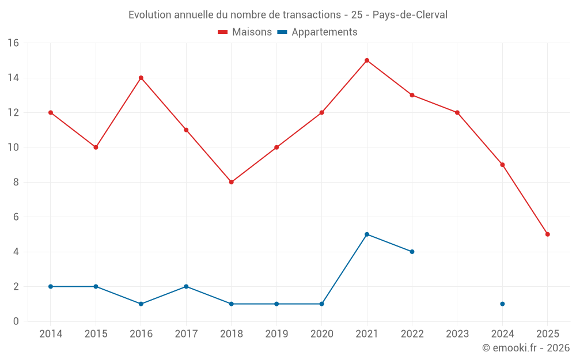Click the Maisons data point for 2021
click(x=367, y=60)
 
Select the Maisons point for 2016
click(x=141, y=78)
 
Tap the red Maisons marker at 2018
click(x=232, y=182)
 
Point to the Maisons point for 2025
click(x=548, y=234)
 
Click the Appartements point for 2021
click(x=367, y=234)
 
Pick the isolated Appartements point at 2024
click(x=502, y=304)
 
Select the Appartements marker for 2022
click(x=412, y=252)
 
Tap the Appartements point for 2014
click(x=51, y=286)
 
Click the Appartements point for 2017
click(x=186, y=286)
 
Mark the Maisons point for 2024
click(x=502, y=165)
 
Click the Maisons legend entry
click(x=245, y=32)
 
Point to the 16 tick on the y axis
click(x=13, y=43)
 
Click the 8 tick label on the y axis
click(x=16, y=182)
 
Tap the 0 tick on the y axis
click(x=16, y=321)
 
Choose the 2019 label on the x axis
click(x=276, y=334)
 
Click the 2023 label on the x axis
click(x=457, y=334)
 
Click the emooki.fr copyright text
click(x=526, y=348)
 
